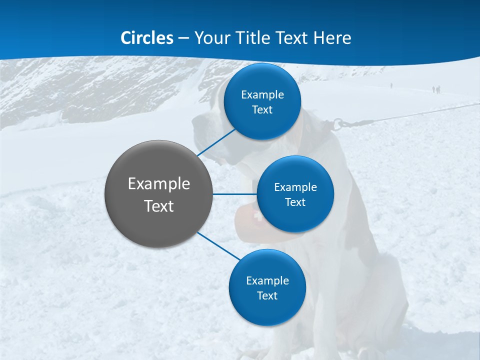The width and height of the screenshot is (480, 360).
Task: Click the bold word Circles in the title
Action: pos(147,38)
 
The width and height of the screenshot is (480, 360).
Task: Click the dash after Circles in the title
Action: pos(183,38)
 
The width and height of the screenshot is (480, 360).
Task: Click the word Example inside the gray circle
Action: pos(159,184)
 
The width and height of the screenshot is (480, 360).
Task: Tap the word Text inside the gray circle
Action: pos(159,206)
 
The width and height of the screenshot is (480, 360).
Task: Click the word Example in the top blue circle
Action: pos(262,95)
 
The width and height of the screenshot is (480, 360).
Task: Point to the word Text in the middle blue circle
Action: pos(295,202)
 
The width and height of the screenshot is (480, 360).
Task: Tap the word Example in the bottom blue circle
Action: pos(267,281)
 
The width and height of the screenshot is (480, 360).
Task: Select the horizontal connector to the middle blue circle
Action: pos(235,194)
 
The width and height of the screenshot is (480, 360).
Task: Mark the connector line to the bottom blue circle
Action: pos(218,246)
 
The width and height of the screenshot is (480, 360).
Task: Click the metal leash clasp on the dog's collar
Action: pos(338,122)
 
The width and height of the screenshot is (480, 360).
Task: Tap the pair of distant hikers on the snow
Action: pos(436,89)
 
